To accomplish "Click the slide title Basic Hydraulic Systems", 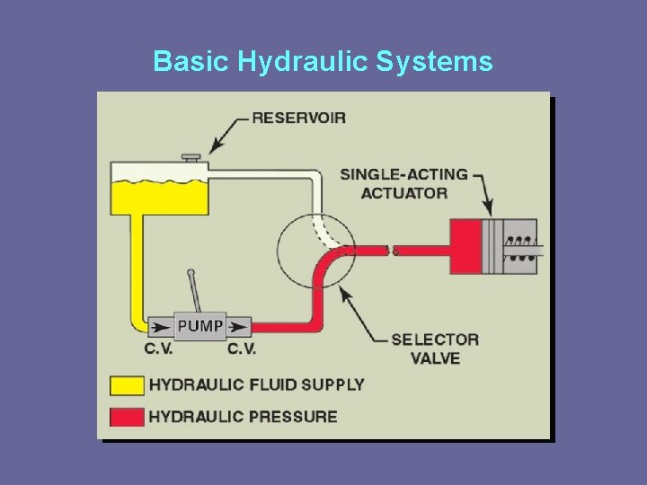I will pos(323,61).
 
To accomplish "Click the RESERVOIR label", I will pos(298,118).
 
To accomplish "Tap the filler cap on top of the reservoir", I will pos(191,159).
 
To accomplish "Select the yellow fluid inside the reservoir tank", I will pos(158,197).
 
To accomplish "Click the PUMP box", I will pos(200,325).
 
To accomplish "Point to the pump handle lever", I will pos(194,289).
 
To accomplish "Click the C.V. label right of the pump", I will pos(241,348).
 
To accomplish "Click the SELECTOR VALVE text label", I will pos(435,348).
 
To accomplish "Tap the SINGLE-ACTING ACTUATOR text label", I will pos(404,183).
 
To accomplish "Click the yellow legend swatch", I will pos(127,385).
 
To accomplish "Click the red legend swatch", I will pos(127,416).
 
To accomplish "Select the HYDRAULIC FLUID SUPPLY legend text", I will pos(256,384).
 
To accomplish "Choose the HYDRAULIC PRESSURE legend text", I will pos(243,416).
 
